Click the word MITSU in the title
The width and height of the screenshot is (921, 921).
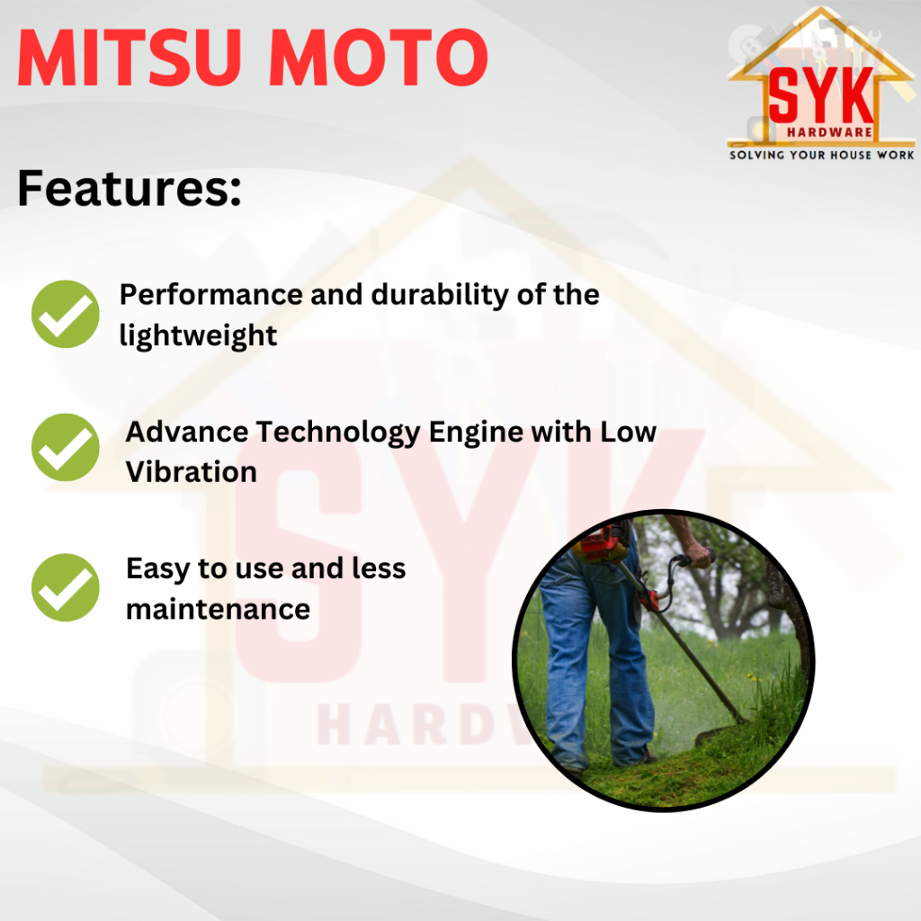coord(130,58)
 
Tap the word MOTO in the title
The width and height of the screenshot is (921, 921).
coord(379,58)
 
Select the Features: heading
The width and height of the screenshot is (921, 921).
coord(130,188)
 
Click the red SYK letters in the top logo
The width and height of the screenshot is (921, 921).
coord(820,95)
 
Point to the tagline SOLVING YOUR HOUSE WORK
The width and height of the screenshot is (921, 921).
coord(822,155)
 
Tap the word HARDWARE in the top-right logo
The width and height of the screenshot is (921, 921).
coord(829,132)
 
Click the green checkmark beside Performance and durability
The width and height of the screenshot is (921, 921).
coord(65,314)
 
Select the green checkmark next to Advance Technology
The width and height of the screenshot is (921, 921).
coord(65,448)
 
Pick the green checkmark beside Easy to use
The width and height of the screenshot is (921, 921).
coord(65,587)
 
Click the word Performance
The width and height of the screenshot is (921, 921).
coord(211,294)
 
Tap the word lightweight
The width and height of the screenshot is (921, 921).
coord(198,336)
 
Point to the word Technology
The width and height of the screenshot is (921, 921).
coord(337,433)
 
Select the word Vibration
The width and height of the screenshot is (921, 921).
coord(192,472)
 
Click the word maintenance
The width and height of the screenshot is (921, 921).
coord(218,609)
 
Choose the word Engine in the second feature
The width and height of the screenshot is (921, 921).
coord(476,433)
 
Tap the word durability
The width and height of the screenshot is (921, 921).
coord(439,295)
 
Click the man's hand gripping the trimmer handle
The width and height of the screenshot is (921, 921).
coord(697,553)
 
